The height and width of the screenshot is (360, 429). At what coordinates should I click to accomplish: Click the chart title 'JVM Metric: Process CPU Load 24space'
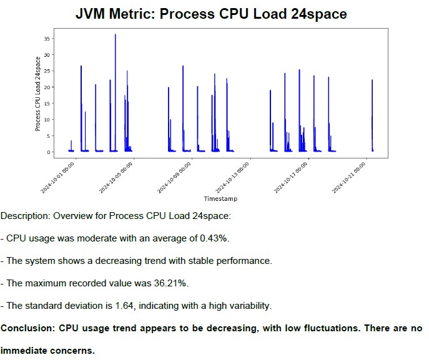tap(211, 13)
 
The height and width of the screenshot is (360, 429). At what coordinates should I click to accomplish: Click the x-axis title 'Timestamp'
tap(220, 198)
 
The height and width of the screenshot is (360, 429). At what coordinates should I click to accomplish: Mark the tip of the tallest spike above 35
tap(115, 35)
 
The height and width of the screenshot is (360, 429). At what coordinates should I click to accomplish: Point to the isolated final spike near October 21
tap(372, 80)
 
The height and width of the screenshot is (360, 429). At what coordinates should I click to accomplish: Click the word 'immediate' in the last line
tap(24, 351)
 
